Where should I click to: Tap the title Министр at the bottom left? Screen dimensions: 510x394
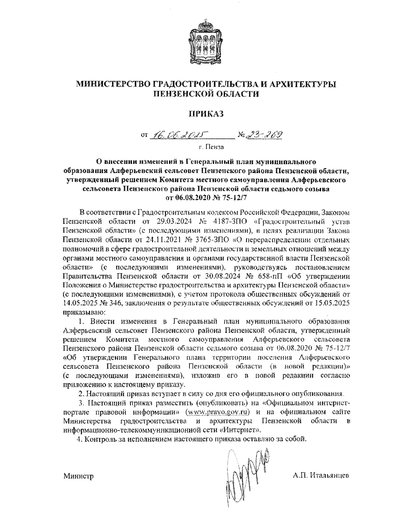coord(78,476)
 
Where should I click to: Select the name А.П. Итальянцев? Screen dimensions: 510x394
coord(321,476)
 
